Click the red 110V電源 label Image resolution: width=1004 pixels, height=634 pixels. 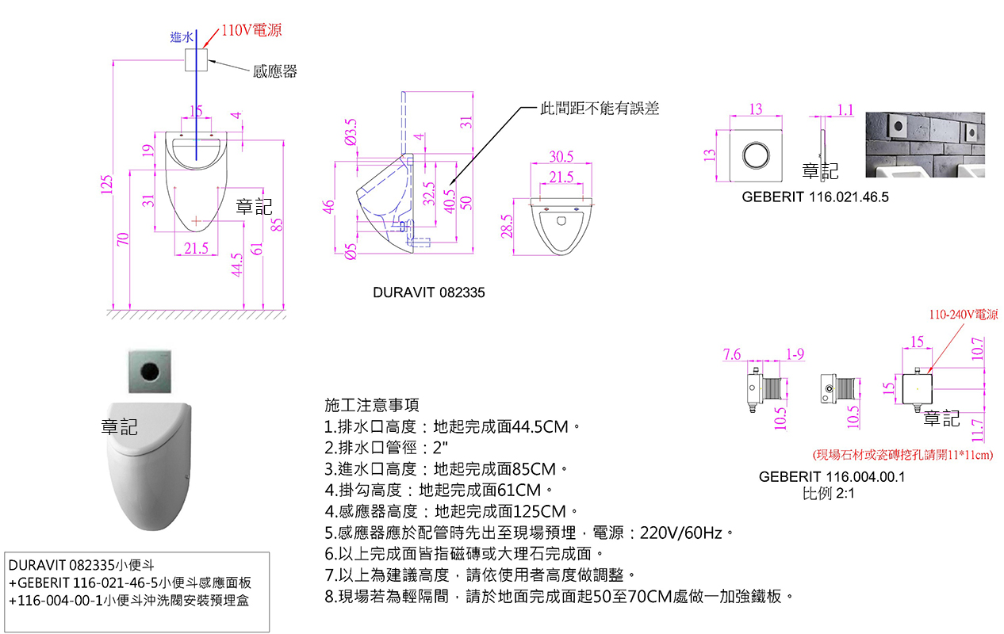point(251,31)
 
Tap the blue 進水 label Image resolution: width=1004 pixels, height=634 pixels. point(181,37)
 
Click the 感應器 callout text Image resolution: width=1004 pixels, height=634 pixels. point(274,72)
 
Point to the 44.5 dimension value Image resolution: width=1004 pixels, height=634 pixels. point(236,266)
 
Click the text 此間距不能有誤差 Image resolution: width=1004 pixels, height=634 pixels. point(600,109)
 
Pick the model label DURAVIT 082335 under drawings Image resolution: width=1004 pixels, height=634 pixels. point(428,293)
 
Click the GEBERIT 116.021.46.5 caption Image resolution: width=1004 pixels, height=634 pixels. point(815,197)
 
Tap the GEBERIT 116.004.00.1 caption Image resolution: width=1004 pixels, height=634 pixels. point(832,477)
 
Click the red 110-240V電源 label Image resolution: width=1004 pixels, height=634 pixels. point(964,315)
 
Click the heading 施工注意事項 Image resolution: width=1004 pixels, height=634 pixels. point(372,405)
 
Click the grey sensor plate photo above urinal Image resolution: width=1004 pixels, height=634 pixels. point(149,369)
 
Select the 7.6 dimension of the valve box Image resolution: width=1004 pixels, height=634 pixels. point(732,354)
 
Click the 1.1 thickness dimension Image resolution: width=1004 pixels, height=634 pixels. point(845,109)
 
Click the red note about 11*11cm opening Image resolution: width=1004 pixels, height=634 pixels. point(902,455)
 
